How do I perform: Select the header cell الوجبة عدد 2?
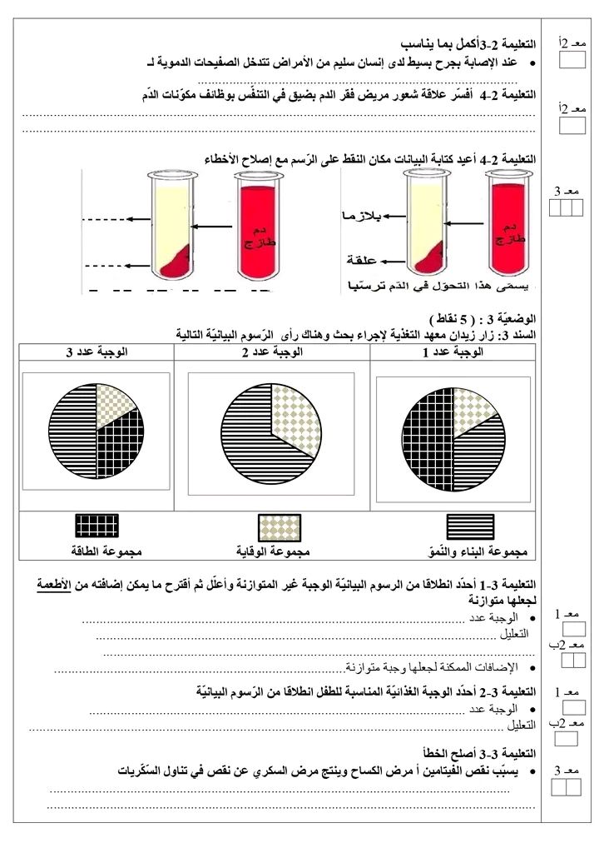pyautogui.click(x=272, y=352)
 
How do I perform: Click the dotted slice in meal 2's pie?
pyautogui.click(x=296, y=413)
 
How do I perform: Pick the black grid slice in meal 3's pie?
pyautogui.click(x=119, y=451)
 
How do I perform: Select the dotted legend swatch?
pyautogui.click(x=280, y=526)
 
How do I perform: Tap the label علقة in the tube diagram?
pyautogui.click(x=368, y=259)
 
